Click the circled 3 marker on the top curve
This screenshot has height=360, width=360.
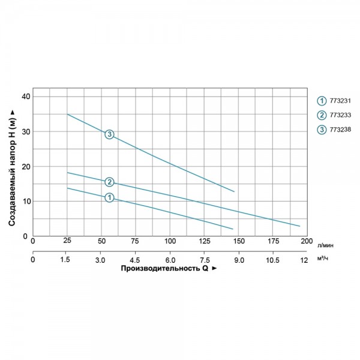(109, 134)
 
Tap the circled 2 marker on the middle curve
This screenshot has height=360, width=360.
(109, 182)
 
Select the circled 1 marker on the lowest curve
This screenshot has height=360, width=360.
(109, 197)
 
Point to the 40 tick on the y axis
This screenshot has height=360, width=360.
(25, 97)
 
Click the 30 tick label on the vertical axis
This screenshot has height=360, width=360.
(25, 131)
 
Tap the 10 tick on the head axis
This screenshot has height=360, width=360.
(25, 202)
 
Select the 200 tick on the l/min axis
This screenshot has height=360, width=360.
(307, 241)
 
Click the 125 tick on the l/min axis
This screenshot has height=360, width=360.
(204, 241)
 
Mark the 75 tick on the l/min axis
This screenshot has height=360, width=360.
(136, 241)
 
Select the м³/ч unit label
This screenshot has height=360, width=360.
(322, 259)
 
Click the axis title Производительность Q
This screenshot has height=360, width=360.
(168, 269)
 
